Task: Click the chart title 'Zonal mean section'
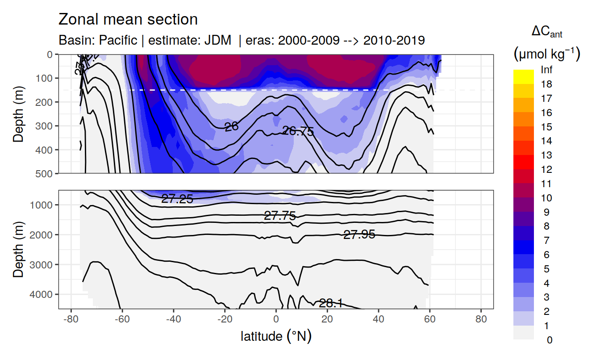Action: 128,20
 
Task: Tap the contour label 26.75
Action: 298,131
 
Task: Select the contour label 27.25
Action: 177,199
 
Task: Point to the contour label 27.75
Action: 280,216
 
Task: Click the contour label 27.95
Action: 359,234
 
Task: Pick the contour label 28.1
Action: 330,303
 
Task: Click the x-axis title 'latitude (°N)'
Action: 276,336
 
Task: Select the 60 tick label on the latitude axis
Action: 429,320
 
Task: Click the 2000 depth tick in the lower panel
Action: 42,235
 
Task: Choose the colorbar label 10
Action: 546,198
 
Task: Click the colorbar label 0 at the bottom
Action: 549,340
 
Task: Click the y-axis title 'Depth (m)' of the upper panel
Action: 18,113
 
